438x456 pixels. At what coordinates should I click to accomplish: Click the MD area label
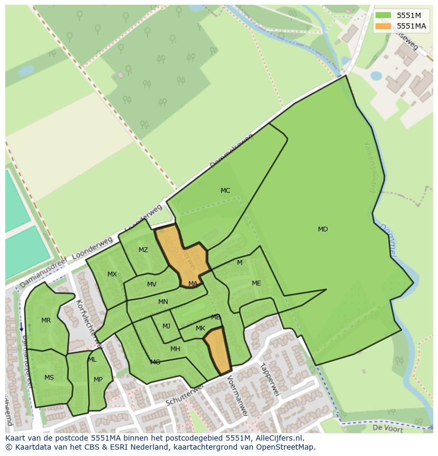pyautogui.click(x=323, y=229)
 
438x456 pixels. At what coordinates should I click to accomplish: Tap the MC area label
pyautogui.click(x=225, y=191)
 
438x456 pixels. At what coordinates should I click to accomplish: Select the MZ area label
pyautogui.click(x=143, y=250)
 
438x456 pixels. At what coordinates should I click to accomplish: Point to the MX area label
pyautogui.click(x=112, y=274)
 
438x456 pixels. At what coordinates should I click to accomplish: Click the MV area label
pyautogui.click(x=152, y=284)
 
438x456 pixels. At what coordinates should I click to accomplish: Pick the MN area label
pyautogui.click(x=163, y=302)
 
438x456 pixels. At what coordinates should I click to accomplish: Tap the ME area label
pyautogui.click(x=257, y=283)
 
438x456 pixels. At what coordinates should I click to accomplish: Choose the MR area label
pyautogui.click(x=46, y=320)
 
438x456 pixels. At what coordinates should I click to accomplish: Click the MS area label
pyautogui.click(x=49, y=378)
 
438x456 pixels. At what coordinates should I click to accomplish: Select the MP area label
pyautogui.click(x=98, y=380)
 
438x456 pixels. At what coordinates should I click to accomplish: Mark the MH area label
pyautogui.click(x=175, y=349)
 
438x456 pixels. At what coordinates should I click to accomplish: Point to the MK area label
pyautogui.click(x=200, y=328)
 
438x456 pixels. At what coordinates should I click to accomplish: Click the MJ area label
pyautogui.click(x=166, y=326)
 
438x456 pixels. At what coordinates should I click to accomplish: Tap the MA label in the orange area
pyautogui.click(x=193, y=284)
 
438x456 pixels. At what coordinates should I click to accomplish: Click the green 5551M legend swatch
pyautogui.click(x=384, y=15)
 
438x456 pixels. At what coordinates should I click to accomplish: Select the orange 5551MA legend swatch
pyautogui.click(x=384, y=26)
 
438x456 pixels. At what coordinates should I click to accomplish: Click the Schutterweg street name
pyautogui.click(x=185, y=396)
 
